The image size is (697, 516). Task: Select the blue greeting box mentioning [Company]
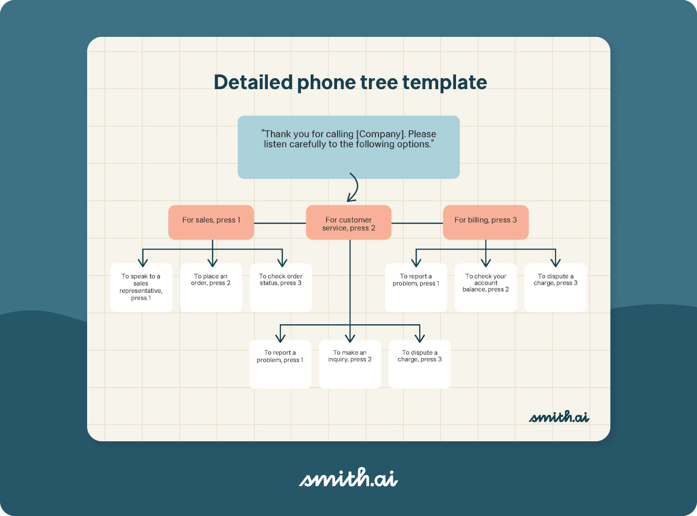[348, 147]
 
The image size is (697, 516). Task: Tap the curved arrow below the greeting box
[353, 188]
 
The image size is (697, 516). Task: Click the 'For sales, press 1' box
[211, 222]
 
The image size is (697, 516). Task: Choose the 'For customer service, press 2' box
[348, 223]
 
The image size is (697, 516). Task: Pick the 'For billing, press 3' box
[485, 222]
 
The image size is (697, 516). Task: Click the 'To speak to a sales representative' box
[141, 287]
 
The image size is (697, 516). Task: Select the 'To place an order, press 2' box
[211, 287]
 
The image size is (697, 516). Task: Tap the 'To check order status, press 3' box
[281, 287]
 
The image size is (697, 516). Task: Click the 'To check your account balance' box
[485, 287]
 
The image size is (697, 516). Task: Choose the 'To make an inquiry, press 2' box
[349, 364]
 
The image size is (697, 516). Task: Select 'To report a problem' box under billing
[416, 287]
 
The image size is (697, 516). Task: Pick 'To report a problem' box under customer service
[280, 364]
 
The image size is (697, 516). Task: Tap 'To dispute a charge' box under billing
[556, 287]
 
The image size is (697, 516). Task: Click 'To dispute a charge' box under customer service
[420, 364]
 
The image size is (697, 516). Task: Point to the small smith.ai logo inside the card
[559, 417]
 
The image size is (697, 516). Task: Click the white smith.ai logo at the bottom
[348, 478]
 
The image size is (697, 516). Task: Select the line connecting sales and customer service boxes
[280, 223]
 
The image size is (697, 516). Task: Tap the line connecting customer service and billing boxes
[417, 223]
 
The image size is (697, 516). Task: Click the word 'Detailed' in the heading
[253, 83]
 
